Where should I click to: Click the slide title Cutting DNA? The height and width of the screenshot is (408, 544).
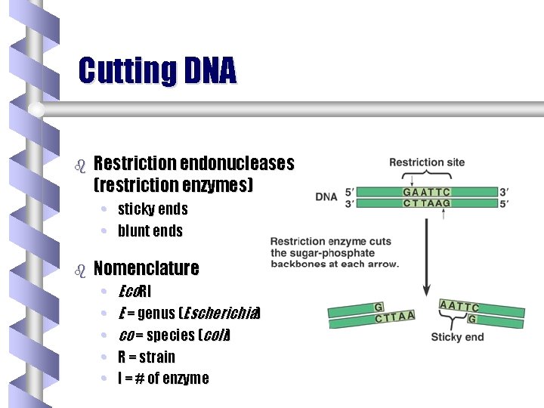tap(157, 71)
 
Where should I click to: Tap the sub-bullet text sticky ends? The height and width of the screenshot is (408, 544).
tap(153, 209)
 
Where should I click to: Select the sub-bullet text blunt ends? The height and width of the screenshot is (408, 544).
tap(150, 231)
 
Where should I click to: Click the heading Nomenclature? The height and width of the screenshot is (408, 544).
tap(146, 268)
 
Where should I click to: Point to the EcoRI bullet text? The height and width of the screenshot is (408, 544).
tap(135, 292)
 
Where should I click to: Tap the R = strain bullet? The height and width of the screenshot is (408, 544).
tap(147, 357)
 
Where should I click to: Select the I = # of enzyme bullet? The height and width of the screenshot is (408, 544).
tap(163, 379)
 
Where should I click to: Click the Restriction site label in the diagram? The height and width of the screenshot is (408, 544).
tap(427, 162)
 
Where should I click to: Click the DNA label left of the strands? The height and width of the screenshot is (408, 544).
tap(326, 197)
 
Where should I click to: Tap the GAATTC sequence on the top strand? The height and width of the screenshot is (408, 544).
tap(427, 192)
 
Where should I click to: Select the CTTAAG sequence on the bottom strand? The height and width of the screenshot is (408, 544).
tap(427, 202)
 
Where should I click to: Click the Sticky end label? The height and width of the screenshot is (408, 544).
tap(457, 336)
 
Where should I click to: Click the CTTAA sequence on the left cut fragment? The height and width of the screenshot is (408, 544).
tap(395, 317)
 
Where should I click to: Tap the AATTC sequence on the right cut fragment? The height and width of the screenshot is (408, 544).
tap(459, 306)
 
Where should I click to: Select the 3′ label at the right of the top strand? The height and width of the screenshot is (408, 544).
tap(505, 192)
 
